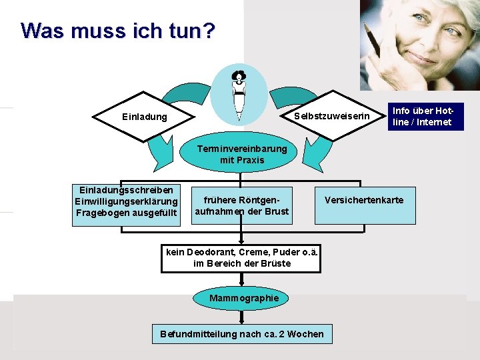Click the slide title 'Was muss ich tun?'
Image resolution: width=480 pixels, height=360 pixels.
(x=118, y=30)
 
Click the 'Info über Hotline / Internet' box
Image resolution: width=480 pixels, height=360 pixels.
(x=423, y=117)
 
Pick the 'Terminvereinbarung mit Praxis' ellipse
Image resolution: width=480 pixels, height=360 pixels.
(x=242, y=155)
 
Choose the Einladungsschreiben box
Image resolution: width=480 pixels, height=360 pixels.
(x=126, y=202)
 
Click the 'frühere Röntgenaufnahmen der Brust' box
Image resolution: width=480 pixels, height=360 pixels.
(x=241, y=205)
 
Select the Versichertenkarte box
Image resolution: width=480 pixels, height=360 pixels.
(x=364, y=200)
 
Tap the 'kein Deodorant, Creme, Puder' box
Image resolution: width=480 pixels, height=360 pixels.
(x=241, y=257)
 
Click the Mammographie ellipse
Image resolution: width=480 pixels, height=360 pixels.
(x=244, y=298)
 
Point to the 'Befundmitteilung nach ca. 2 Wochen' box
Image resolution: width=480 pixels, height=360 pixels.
(x=241, y=334)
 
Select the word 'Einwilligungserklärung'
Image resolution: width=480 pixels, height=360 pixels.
(x=126, y=201)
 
